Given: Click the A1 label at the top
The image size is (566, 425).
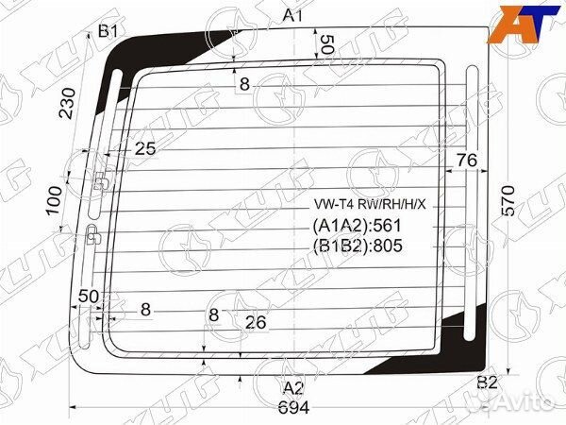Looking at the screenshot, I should coord(292,15).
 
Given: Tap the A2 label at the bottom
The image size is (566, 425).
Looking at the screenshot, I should coord(293,387).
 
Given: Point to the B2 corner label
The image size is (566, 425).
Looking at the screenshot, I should coord(487,382).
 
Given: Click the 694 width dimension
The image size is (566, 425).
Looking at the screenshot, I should coord(294,407).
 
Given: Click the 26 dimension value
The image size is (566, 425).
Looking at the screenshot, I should coord(255,322).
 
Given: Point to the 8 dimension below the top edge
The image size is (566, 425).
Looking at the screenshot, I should coord(244,84).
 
